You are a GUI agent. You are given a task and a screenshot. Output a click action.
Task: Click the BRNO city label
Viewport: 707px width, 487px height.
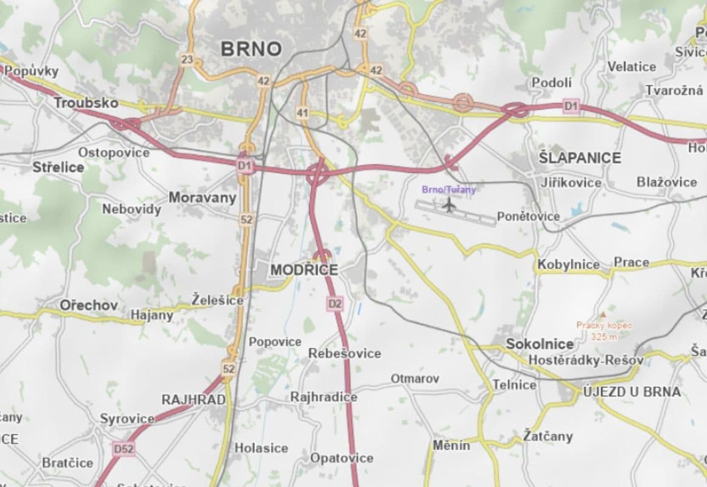(x=251, y=49)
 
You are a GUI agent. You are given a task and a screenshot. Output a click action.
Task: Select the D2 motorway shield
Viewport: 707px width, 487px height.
(x=335, y=303)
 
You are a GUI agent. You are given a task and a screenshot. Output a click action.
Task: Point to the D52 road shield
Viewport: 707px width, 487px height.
(x=124, y=449)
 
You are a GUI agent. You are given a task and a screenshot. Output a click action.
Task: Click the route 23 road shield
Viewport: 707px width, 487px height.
(x=187, y=59)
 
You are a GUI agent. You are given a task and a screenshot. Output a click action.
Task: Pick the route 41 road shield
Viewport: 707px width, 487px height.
(x=302, y=113)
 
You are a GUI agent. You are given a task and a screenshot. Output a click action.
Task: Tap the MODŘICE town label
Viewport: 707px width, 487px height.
(x=304, y=270)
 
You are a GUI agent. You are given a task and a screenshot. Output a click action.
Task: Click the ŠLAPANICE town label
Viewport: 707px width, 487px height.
(x=580, y=158)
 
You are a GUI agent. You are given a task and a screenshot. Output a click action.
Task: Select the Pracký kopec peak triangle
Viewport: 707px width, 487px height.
(x=602, y=314)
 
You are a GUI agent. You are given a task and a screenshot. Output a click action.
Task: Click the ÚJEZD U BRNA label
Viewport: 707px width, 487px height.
(x=632, y=391)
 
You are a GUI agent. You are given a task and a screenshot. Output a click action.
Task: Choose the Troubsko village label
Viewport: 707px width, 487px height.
(x=86, y=103)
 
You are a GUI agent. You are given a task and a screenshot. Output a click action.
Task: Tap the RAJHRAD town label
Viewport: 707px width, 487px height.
(x=193, y=400)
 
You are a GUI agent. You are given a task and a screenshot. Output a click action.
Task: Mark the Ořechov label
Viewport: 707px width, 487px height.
(x=88, y=305)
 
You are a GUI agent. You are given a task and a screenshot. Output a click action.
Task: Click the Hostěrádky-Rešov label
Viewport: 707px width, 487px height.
(x=585, y=360)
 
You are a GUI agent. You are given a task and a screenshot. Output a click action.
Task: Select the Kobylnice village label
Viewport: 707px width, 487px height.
(x=568, y=265)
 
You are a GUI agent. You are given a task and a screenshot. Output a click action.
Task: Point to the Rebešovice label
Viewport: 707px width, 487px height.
(x=344, y=353)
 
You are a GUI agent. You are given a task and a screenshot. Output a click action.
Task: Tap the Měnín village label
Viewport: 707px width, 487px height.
(x=451, y=445)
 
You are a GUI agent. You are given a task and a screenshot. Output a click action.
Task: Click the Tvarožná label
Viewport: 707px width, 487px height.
(x=674, y=90)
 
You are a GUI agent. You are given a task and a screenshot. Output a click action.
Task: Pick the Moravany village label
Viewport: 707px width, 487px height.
(x=202, y=197)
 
